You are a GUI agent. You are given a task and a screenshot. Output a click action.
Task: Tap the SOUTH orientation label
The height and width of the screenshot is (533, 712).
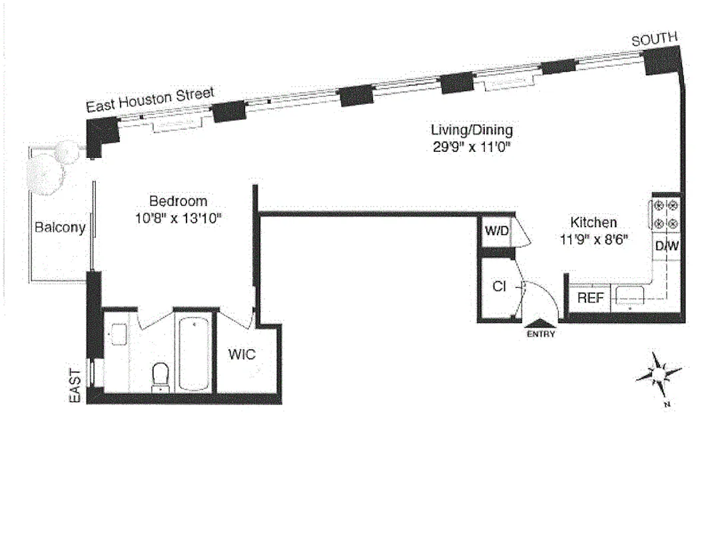[654, 41]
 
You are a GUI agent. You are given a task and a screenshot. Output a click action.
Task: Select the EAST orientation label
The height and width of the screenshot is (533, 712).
[75, 386]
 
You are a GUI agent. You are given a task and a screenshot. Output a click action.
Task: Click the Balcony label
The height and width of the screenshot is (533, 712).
[60, 228]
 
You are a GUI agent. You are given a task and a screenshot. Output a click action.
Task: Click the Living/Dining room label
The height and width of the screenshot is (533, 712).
[472, 130]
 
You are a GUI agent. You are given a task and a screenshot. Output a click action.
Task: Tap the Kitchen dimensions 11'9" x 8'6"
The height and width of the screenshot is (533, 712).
[593, 238]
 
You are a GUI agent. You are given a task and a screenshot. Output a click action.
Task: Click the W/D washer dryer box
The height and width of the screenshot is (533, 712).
[496, 232]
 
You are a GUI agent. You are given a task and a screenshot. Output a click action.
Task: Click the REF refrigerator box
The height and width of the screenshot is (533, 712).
[589, 298]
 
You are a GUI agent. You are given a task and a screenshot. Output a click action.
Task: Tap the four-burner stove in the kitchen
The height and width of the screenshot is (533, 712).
[666, 214]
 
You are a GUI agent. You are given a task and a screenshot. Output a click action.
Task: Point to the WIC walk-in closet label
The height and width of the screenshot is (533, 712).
[242, 354]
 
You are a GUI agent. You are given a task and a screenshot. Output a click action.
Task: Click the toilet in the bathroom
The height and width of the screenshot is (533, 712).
[161, 376]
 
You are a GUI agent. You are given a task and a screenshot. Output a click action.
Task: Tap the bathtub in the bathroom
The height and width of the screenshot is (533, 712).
[193, 353]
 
